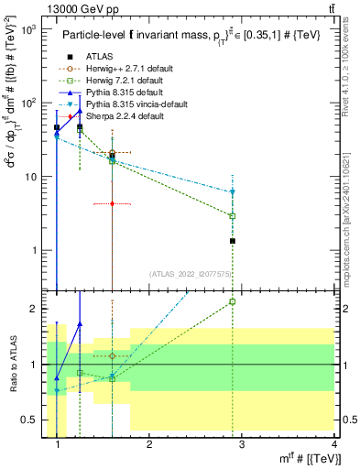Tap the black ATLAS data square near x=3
click(x=233, y=241)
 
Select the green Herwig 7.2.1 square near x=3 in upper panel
click(x=233, y=216)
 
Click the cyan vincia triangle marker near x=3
click(x=233, y=192)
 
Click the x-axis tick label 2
click(x=149, y=444)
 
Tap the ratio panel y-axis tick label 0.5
click(x=33, y=420)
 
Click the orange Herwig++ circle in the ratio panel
click(x=112, y=355)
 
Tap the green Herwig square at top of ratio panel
click(x=233, y=301)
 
